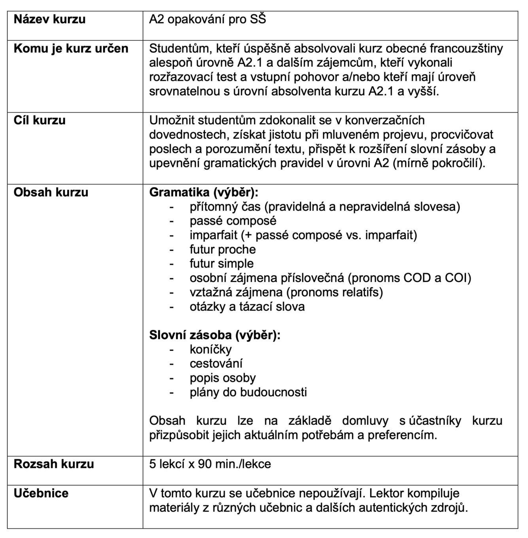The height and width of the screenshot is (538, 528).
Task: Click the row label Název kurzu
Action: point(49,19)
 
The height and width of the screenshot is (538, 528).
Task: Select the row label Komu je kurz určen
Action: point(71,49)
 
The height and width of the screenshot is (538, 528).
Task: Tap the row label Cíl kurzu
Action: point(40,120)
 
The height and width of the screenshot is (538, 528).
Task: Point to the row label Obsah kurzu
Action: point(51,192)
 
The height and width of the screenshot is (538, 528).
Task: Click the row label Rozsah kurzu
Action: point(54,464)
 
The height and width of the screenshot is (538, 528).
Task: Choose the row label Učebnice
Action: point(41,493)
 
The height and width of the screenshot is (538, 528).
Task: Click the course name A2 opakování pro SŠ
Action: point(208,19)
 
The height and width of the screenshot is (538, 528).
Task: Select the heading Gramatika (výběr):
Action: point(204,192)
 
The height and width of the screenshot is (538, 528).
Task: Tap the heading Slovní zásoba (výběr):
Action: point(215,335)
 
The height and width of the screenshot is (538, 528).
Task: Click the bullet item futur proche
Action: point(223,249)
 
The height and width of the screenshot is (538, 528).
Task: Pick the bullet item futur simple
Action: point(221,263)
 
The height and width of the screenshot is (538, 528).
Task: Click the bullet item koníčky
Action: point(210,349)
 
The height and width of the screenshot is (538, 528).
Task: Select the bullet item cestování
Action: point(216,364)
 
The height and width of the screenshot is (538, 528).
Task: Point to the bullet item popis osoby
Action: point(223,378)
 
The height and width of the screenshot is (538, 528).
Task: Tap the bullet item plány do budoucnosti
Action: point(248,392)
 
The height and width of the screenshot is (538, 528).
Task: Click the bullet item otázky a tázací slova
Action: point(247,307)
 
